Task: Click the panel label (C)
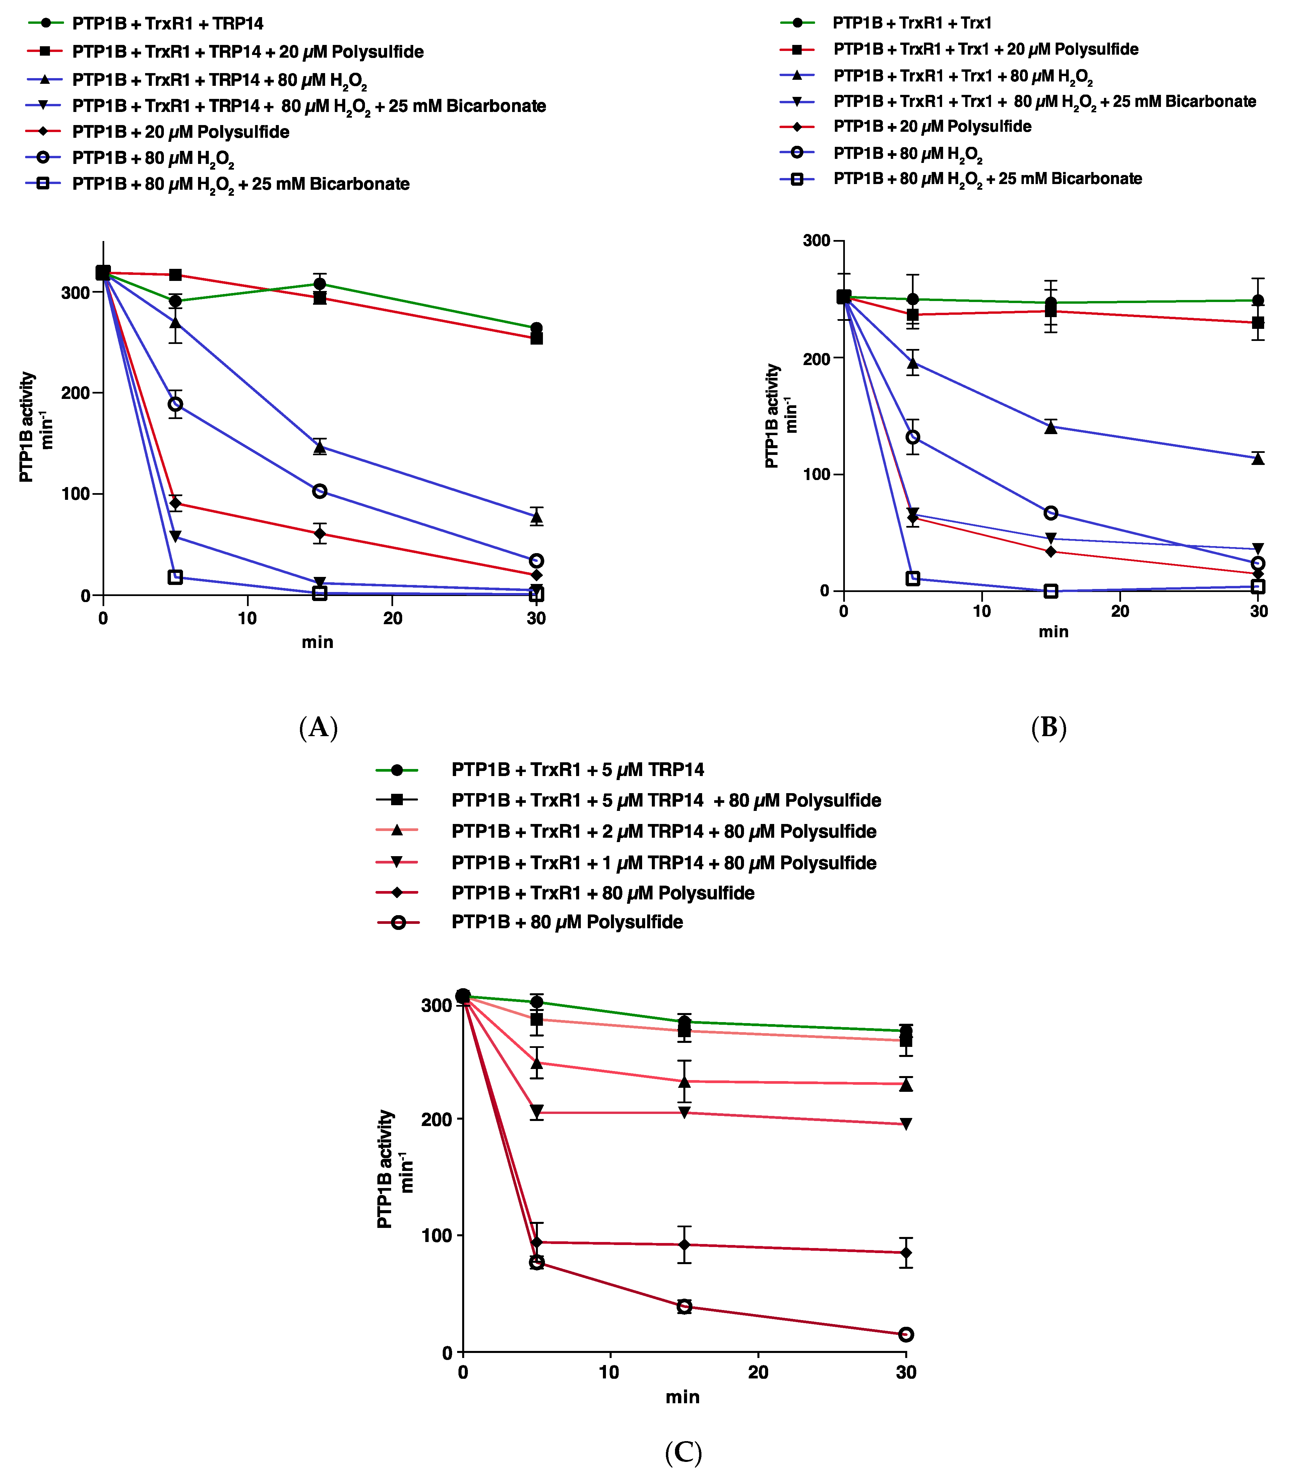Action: pos(683,1452)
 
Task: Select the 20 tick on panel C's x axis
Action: pos(758,1372)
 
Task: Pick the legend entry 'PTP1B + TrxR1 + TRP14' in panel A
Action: pos(167,24)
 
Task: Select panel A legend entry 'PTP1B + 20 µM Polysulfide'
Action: pos(180,132)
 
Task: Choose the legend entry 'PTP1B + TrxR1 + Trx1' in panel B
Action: pos(912,22)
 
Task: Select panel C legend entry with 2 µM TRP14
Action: pos(663,831)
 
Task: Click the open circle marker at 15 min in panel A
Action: pos(319,491)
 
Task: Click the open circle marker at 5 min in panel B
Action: pos(913,436)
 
